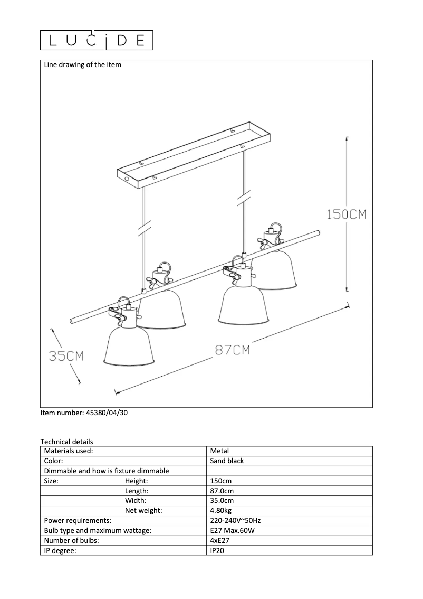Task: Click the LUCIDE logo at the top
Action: point(97,40)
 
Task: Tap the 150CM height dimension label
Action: point(347,214)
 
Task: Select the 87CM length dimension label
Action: point(232,350)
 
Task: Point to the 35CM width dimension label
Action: point(66,356)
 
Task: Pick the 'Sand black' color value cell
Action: point(227,461)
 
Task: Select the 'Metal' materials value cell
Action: point(219,451)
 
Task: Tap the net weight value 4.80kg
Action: point(220,510)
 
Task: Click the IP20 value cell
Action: point(217,550)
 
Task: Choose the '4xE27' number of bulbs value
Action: point(220,540)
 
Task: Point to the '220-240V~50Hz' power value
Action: point(235,520)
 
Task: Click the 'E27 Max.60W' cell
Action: point(232,530)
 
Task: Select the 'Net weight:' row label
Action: point(143,510)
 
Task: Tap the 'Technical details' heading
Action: point(67,442)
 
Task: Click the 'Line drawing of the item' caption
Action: point(82,64)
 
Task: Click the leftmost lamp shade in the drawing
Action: point(129,347)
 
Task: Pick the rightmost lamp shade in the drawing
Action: point(277,269)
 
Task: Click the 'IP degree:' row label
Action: point(60,550)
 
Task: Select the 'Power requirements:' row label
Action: point(78,520)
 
